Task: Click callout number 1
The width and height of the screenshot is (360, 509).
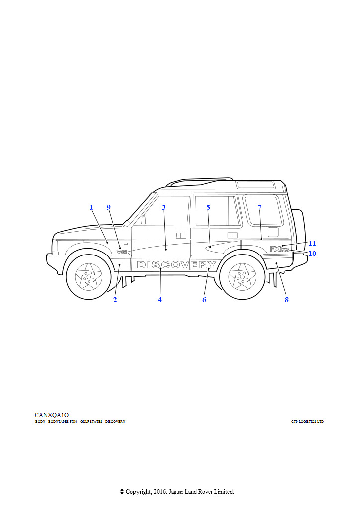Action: pos(91,207)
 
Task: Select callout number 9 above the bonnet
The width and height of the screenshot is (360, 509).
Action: pos(109,207)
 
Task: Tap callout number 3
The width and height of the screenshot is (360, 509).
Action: pos(164,207)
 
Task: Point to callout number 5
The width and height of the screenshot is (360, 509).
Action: pos(208,207)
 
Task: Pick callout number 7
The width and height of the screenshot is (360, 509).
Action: pos(260,207)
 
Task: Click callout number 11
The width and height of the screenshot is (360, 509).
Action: pos(312,243)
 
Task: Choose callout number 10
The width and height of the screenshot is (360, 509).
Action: pos(312,253)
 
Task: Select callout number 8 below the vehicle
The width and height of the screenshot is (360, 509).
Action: pos(286,300)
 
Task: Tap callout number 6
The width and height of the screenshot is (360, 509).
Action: pos(204,300)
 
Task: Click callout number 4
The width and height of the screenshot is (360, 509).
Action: pos(160,300)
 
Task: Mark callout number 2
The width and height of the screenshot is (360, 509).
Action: pos(115,300)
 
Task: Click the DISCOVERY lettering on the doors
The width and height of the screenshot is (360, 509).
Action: pos(177,265)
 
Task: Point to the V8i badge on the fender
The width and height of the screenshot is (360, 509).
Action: pos(122,252)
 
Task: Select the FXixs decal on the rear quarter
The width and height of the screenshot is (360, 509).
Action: pos(280,249)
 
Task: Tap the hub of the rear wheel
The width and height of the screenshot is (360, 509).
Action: pos(242,277)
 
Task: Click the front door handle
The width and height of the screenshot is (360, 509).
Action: pos(181,235)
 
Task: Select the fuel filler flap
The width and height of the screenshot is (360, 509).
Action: pos(273,232)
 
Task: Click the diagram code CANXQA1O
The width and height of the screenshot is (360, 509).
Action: pos(52,415)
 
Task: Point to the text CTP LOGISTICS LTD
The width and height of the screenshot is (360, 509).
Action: pos(307,422)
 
